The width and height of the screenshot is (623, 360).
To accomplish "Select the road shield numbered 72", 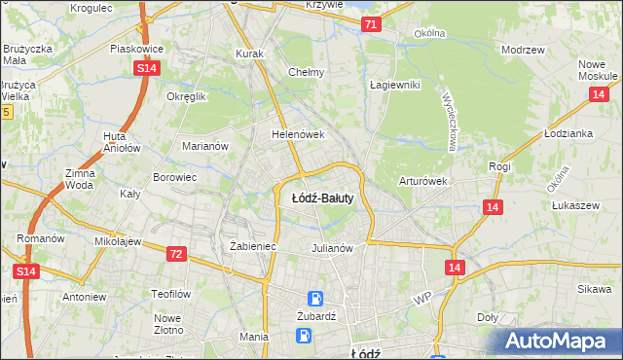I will (x=175, y=254).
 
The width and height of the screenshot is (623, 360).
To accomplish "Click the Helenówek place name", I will (x=297, y=134).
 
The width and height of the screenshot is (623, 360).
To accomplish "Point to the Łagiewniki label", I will (x=393, y=85).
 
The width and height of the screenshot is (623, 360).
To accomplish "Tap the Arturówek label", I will (x=421, y=181).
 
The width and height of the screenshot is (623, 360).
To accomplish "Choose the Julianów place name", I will (x=331, y=248).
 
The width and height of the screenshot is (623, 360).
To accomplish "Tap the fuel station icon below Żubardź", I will (x=306, y=336).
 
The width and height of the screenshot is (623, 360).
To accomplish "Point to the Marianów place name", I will (x=204, y=146).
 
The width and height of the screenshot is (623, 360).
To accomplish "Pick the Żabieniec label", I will (x=253, y=247).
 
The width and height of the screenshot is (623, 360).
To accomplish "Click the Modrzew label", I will (x=522, y=50).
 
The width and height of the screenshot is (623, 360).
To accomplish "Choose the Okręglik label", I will (x=187, y=97).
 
